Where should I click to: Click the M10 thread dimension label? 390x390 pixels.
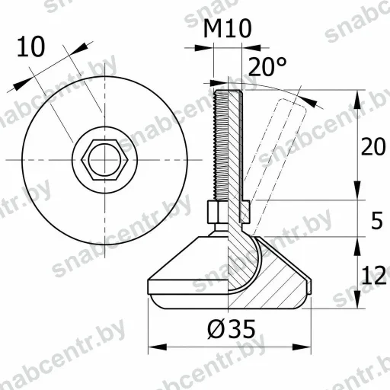tap(228, 29)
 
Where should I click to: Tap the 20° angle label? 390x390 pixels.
tap(267, 66)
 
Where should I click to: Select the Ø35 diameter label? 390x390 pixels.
tap(232, 329)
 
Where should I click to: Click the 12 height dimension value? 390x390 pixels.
tap(374, 276)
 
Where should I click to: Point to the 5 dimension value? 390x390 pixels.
tap(376, 221)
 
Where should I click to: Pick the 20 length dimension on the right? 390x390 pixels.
tap(373, 146)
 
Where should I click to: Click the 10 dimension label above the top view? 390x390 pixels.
tap(31, 47)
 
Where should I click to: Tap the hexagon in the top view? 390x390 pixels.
tap(104, 160)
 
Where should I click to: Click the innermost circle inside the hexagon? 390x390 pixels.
tap(104, 160)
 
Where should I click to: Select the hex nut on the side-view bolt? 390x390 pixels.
tap(218, 212)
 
